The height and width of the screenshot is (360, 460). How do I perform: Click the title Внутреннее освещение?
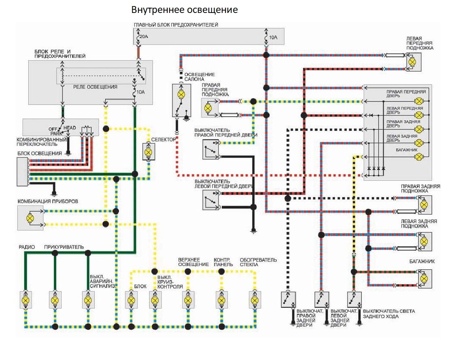(184, 9)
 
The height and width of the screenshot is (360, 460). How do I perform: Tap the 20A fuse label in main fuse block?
(143, 37)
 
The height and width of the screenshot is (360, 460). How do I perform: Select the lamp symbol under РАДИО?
(25, 300)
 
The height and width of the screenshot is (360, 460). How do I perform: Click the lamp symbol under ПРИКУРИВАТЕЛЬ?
(55, 300)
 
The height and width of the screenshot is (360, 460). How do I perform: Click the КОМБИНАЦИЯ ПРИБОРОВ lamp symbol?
(30, 218)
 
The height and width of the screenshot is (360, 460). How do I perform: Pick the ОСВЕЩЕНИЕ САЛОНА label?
(199, 77)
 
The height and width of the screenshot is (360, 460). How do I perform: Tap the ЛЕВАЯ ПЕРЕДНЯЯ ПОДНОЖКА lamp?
(412, 62)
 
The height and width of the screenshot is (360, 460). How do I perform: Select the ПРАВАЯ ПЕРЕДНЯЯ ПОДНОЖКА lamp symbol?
(208, 108)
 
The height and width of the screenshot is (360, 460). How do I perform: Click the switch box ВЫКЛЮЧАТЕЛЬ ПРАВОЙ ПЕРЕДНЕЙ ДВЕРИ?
(210, 149)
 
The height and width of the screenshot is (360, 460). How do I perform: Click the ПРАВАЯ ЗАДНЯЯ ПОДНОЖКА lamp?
(424, 204)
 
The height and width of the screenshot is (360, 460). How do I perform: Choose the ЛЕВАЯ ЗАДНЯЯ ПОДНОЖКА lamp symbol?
(424, 241)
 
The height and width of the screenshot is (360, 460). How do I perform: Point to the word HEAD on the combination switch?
(69, 128)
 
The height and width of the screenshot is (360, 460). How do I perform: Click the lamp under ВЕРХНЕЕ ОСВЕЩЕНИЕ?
(188, 300)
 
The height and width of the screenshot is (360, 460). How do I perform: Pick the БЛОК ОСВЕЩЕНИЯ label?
(39, 153)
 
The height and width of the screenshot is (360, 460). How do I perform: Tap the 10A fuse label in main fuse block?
(273, 38)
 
